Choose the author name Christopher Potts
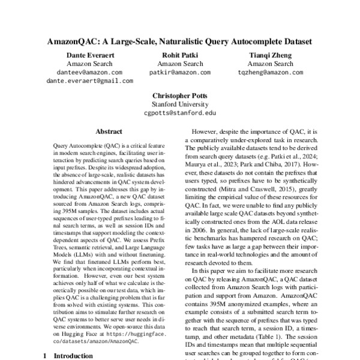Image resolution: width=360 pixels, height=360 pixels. pyautogui.click(x=179, y=95)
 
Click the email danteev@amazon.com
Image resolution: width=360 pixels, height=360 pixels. pyautogui.click(x=89, y=72)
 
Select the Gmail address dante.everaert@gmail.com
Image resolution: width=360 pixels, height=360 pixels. pyautogui.click(x=89, y=80)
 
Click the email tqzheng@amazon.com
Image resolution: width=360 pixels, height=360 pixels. pyautogui.click(x=270, y=72)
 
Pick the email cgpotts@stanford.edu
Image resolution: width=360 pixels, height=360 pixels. pyautogui.click(x=179, y=112)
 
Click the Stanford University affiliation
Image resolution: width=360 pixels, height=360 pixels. pyautogui.click(x=179, y=104)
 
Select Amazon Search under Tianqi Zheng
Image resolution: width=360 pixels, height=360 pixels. pyautogui.click(x=270, y=64)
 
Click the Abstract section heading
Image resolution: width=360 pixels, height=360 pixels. pyautogui.click(x=109, y=131)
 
